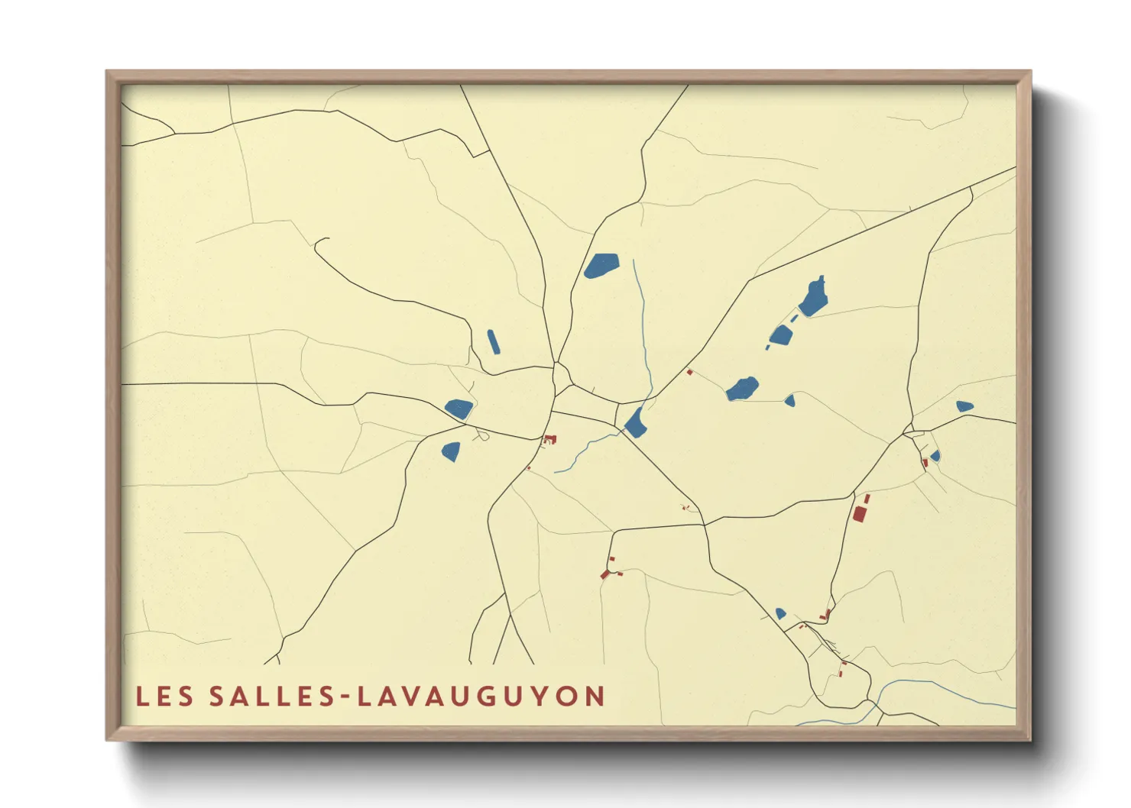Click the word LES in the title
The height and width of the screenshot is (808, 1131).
click(165, 696)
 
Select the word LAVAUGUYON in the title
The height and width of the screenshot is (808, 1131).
click(481, 696)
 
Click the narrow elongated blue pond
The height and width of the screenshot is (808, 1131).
click(493, 341)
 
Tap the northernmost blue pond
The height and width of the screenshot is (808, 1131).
click(601, 266)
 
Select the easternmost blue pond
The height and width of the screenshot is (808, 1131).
click(964, 406)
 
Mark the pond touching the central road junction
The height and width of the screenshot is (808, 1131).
click(636, 423)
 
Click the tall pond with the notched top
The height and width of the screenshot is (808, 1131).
click(814, 298)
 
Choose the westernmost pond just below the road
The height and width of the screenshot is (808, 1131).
click(459, 409)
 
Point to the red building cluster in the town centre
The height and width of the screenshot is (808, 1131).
click(549, 439)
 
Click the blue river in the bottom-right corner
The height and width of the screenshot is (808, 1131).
click(948, 691)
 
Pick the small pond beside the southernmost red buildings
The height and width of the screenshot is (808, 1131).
click(780, 613)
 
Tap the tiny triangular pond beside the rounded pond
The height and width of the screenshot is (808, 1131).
click(790, 400)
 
